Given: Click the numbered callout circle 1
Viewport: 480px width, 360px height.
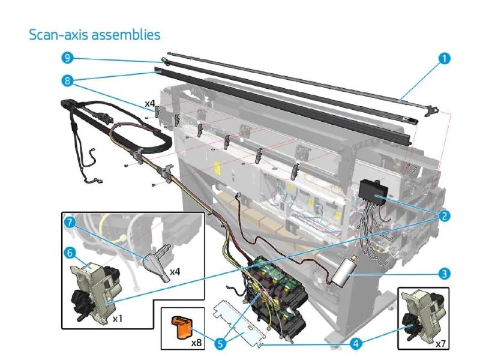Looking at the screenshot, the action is (444, 58).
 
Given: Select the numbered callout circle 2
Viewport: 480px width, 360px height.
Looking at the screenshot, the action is (444, 215).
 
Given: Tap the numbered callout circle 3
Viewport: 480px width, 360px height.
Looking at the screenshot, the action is (444, 274).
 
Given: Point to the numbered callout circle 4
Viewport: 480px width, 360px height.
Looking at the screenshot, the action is (355, 343).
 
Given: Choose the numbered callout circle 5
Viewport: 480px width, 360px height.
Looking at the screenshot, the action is (220, 343).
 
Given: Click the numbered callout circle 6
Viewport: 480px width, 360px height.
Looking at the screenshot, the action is (70, 253).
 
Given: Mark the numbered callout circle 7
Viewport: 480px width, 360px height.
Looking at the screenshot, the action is (70, 222).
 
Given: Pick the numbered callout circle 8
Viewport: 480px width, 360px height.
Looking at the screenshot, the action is (67, 81).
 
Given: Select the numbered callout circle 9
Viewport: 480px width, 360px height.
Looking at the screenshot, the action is (67, 58).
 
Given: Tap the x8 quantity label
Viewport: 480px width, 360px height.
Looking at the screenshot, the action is (196, 342).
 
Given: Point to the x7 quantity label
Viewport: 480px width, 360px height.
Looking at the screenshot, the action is (440, 344).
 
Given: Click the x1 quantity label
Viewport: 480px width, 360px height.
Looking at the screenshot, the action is (117, 319).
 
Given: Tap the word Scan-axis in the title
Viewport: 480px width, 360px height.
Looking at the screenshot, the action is (59, 35).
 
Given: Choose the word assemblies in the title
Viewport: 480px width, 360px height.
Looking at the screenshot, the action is (126, 35).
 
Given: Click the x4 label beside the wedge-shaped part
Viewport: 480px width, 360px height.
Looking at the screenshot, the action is (175, 272).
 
